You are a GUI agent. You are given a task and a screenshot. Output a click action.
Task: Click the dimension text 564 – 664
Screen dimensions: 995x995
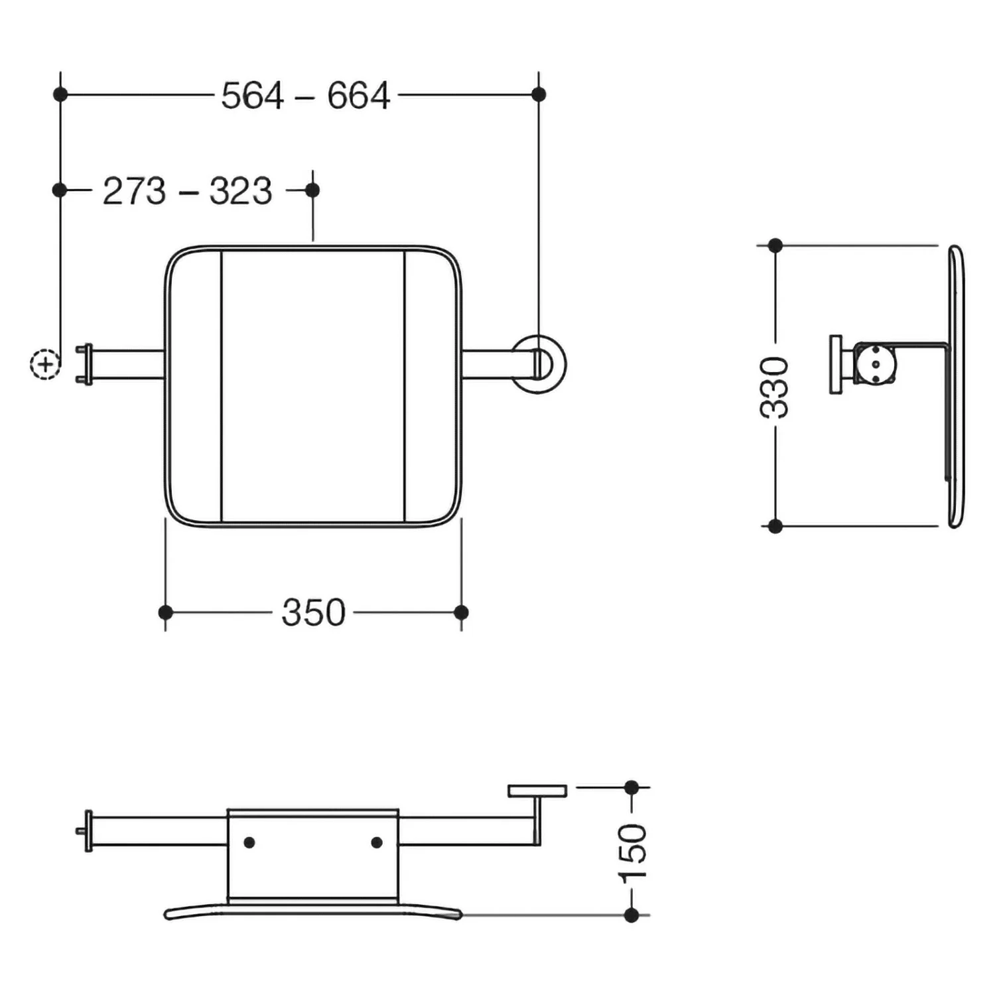tap(306, 96)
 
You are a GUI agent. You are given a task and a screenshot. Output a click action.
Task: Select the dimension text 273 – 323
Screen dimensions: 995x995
tap(188, 192)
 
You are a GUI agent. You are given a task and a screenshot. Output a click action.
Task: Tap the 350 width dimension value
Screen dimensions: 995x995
tap(314, 612)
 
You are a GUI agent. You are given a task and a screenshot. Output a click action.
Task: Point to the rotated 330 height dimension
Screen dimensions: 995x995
tap(774, 387)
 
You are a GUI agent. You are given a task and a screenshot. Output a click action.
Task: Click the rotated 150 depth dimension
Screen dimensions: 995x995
tap(632, 852)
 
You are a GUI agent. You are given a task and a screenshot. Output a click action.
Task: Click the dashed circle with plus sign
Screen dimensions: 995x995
tap(45, 364)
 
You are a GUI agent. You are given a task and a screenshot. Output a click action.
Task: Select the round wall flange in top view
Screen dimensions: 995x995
tap(539, 364)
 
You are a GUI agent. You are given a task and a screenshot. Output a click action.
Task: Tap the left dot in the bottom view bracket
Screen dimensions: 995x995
tap(249, 842)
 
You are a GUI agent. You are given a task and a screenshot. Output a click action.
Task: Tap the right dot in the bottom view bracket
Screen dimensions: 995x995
tap(377, 842)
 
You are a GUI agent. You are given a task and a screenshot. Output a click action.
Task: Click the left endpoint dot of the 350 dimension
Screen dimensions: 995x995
tap(166, 612)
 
